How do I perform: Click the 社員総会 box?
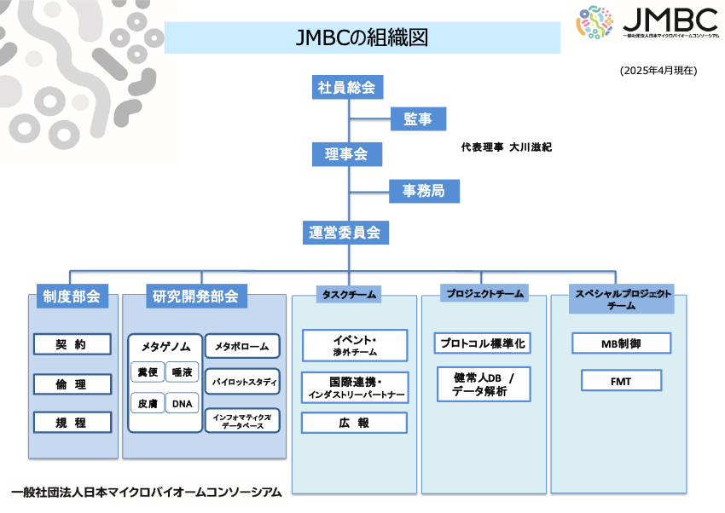click(x=346, y=87)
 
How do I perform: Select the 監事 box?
click(x=417, y=120)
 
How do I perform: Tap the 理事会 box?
click(x=346, y=154)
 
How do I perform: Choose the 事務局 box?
click(x=423, y=191)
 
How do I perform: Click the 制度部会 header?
click(x=72, y=297)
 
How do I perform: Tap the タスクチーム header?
click(x=349, y=295)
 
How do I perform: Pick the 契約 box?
click(x=72, y=344)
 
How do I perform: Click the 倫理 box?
click(x=72, y=384)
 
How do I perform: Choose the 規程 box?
click(x=72, y=422)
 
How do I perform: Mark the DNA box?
click(x=182, y=403)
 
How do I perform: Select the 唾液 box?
click(x=182, y=372)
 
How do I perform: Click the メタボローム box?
click(x=242, y=347)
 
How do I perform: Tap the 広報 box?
click(x=354, y=423)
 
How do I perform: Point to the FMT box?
click(x=621, y=381)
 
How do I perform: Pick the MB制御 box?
click(x=621, y=343)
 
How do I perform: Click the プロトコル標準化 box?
click(x=482, y=343)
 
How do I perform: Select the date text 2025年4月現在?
click(x=658, y=71)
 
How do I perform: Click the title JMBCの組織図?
click(x=362, y=37)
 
